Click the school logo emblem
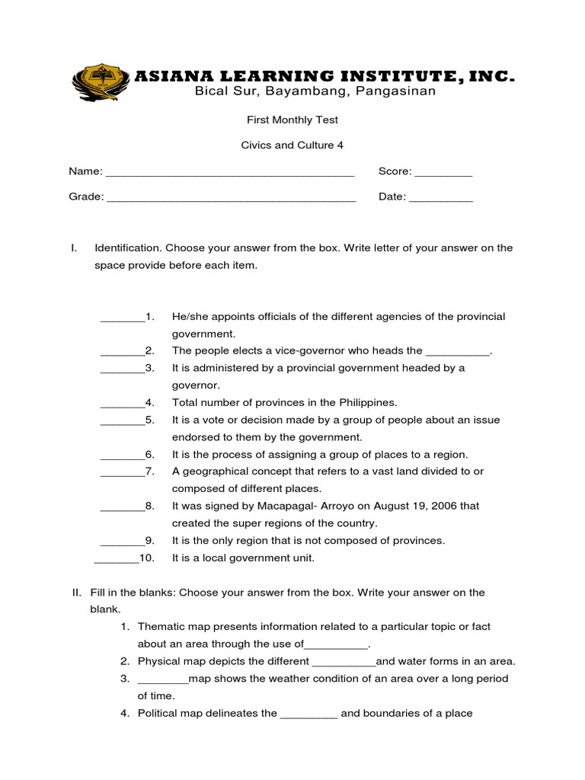pyautogui.click(x=101, y=82)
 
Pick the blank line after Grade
pyautogui.click(x=232, y=199)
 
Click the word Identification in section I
pyautogui.click(x=127, y=248)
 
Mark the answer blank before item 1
pyautogui.click(x=122, y=318)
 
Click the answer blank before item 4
pyautogui.click(x=122, y=404)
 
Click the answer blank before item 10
pyautogui.click(x=116, y=560)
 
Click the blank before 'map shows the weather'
pyautogui.click(x=162, y=680)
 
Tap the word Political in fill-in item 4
pyautogui.click(x=158, y=714)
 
